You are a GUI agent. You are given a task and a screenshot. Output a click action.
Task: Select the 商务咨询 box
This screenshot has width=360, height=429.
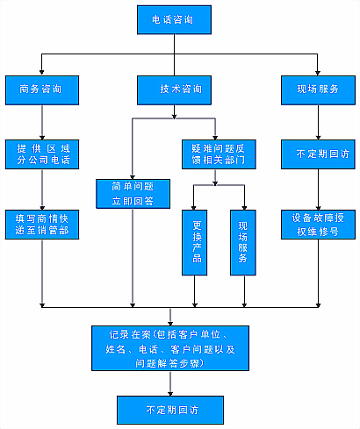42,89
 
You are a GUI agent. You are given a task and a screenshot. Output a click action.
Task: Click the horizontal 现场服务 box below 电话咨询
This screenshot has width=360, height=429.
318,89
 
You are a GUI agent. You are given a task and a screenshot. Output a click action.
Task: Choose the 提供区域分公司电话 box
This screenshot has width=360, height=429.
42,154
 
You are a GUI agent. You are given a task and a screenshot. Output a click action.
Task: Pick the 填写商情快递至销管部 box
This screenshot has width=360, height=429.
42,223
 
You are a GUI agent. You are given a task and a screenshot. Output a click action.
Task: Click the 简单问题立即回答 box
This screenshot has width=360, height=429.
132,193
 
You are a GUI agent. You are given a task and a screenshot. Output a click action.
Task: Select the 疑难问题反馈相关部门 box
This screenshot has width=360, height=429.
214,154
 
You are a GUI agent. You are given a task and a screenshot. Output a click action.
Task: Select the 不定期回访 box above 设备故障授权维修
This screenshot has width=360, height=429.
318,154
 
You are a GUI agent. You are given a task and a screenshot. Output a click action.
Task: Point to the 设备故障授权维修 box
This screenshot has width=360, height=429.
318,223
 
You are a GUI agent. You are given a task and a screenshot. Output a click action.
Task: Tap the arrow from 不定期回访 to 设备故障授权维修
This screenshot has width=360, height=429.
318,189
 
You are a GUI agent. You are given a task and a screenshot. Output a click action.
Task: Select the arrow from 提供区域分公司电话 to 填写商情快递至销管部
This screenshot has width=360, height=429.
42,189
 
